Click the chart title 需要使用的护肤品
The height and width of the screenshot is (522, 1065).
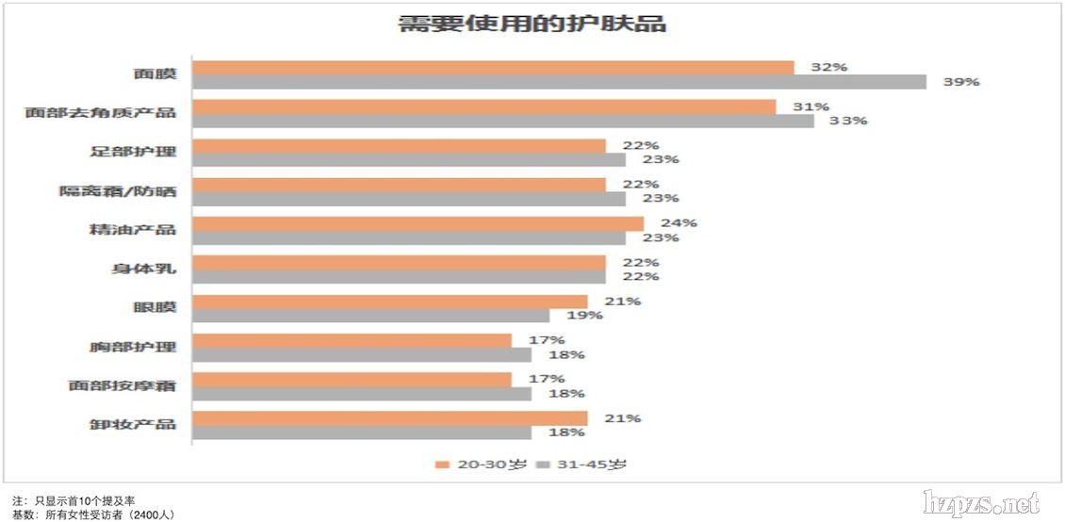coord(532,24)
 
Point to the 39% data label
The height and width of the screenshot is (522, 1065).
coord(961,82)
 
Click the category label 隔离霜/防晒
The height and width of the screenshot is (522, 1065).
coord(118,191)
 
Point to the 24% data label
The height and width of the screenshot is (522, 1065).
coord(679,223)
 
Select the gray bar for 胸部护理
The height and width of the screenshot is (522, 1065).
coord(362,354)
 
